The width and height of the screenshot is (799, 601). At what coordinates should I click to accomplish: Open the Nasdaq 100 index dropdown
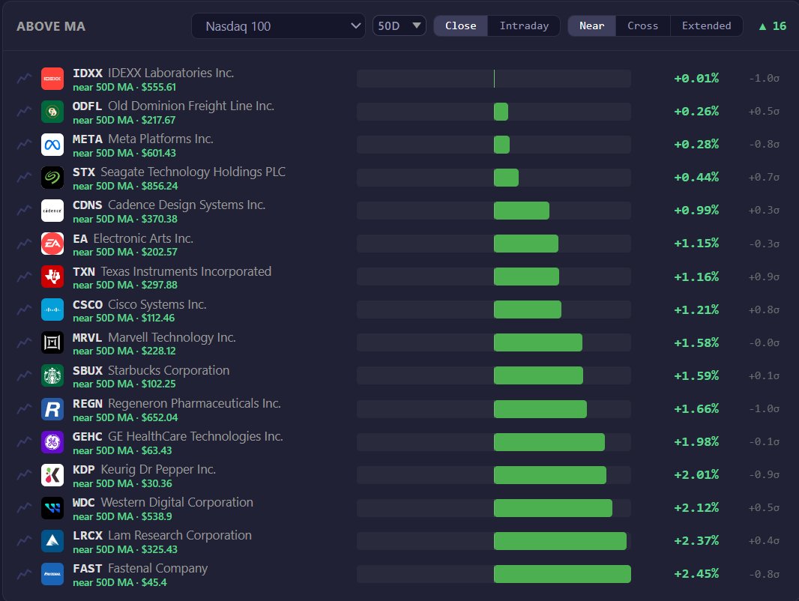point(278,26)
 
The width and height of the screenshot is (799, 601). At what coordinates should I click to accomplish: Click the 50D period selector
point(399,26)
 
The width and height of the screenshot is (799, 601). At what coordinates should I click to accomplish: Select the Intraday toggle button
point(524,26)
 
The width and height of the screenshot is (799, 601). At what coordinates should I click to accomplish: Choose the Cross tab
point(642,26)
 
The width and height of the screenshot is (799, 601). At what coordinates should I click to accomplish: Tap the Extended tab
point(706,26)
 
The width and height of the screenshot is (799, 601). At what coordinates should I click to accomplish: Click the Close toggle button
point(461,26)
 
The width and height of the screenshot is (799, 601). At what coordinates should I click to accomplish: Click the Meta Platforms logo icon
point(52,145)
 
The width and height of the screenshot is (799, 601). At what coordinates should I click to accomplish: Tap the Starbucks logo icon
point(52,376)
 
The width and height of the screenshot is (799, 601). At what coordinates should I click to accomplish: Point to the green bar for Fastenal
point(562,574)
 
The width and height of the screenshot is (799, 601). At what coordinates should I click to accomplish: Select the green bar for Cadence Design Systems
point(521,211)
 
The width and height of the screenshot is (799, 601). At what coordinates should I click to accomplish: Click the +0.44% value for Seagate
point(696,178)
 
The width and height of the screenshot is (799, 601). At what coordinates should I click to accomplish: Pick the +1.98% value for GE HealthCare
point(696,441)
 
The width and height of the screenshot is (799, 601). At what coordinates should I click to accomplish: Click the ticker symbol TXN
point(83,272)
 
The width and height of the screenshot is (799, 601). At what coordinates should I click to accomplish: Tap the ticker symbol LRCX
point(88,536)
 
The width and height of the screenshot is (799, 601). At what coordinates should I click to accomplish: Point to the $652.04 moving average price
point(160,417)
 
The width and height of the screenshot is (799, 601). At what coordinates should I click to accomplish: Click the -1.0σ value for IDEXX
point(764,79)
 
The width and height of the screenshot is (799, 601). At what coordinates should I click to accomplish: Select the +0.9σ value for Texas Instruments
point(764,277)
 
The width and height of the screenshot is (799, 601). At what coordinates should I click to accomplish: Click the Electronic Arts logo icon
point(52,244)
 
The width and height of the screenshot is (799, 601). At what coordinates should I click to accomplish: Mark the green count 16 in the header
point(779,26)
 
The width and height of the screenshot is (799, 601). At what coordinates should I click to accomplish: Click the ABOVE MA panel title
point(51,26)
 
